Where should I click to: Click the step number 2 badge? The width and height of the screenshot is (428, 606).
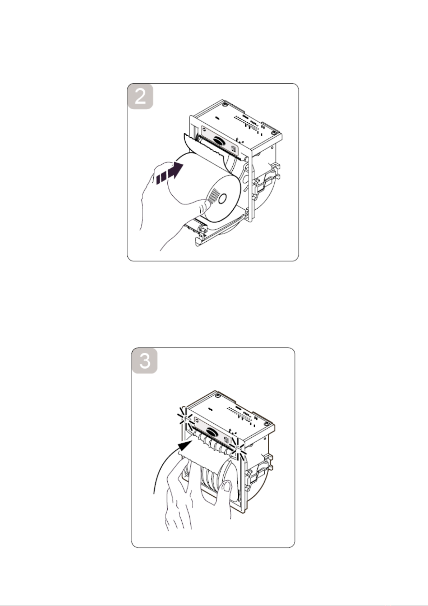click(140, 97)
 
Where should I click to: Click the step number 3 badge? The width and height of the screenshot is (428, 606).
click(145, 361)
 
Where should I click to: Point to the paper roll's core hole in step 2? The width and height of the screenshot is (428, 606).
click(222, 199)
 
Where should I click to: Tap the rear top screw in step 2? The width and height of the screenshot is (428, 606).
click(224, 105)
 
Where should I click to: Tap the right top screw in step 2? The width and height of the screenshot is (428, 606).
click(274, 133)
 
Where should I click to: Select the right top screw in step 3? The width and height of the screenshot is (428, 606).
click(266, 424)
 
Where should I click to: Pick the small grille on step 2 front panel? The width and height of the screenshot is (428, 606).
click(234, 149)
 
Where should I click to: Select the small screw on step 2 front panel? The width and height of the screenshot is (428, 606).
click(204, 129)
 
